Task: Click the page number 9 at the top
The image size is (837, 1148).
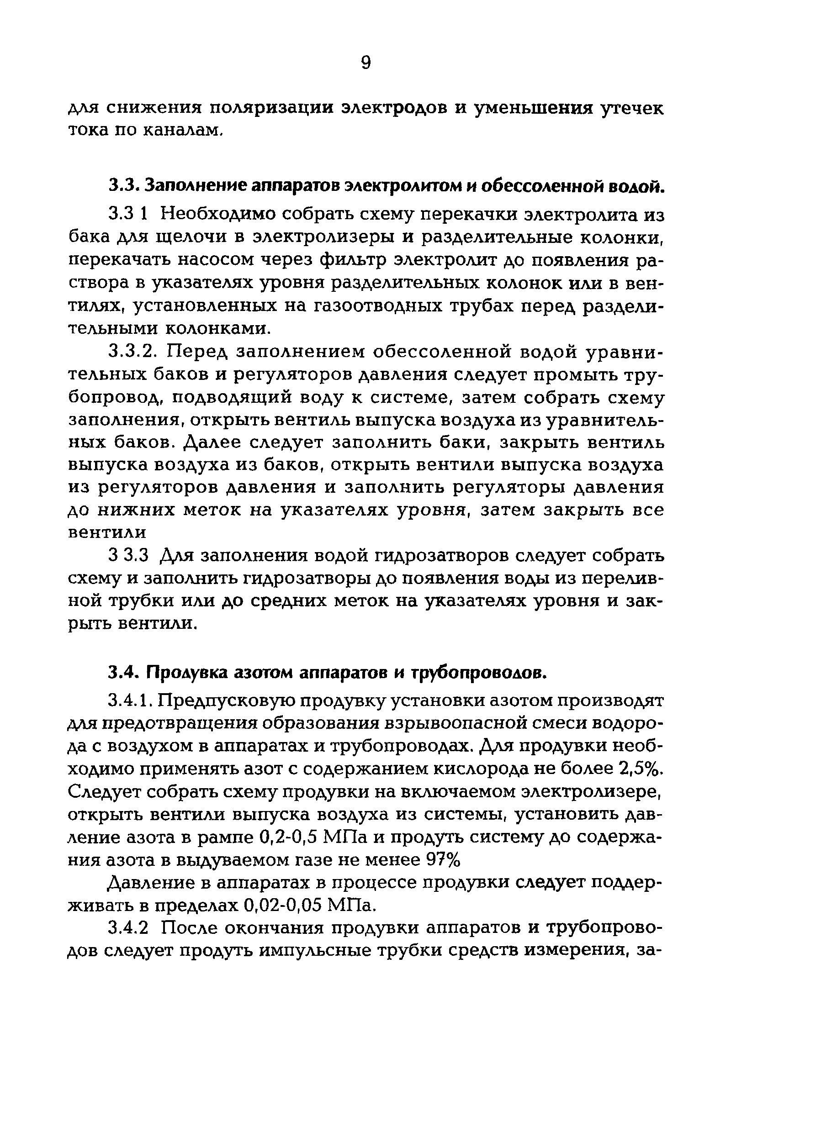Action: pos(366,63)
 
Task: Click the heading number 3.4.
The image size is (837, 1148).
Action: pos(123,673)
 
